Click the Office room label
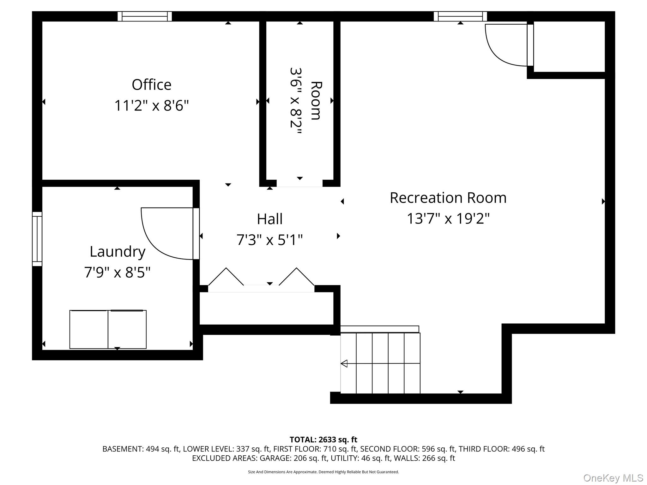point(151,85)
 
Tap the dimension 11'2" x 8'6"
point(151,105)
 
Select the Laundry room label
point(118,252)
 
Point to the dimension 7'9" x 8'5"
point(117,272)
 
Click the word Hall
point(269,219)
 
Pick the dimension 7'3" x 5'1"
point(269,240)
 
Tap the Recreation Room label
point(448,198)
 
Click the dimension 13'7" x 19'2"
point(448,219)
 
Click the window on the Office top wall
point(145,16)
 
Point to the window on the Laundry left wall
point(37,239)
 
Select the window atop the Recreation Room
point(460,16)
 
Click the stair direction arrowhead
point(344,363)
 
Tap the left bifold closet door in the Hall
point(226,277)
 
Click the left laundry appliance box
point(89,329)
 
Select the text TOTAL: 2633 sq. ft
point(323,440)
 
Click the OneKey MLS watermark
point(613,478)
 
